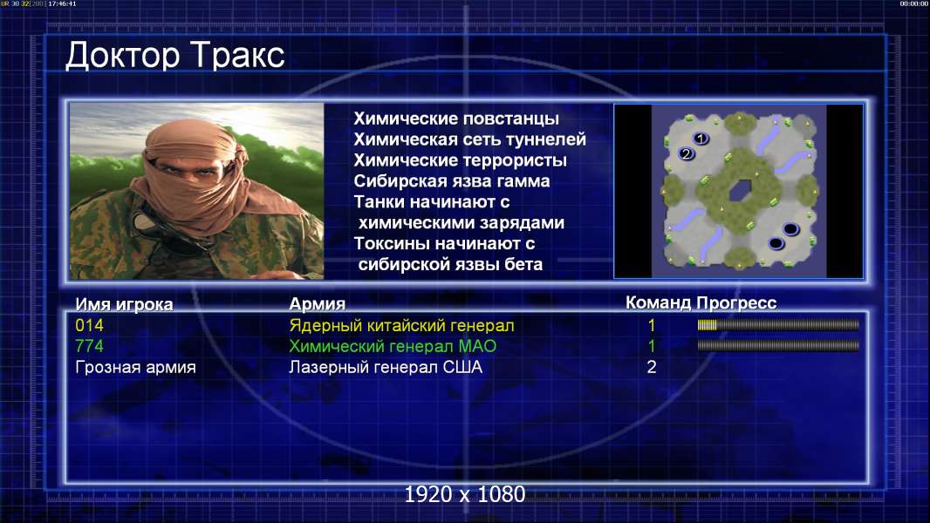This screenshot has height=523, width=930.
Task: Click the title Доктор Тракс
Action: click(x=175, y=56)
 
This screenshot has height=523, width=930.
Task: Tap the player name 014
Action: click(x=89, y=325)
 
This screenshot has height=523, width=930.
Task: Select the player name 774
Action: click(x=89, y=346)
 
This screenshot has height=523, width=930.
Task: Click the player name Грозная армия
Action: click(x=135, y=367)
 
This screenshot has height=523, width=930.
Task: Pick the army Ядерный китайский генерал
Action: click(x=401, y=326)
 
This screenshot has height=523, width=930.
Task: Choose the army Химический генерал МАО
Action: click(x=393, y=346)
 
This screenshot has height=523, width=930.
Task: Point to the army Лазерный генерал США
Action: click(x=386, y=367)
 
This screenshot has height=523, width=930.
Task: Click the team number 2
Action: click(x=651, y=367)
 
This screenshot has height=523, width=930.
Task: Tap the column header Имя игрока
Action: click(x=124, y=304)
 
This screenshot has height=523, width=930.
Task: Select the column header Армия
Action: click(x=317, y=304)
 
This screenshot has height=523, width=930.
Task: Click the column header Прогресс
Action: click(x=736, y=303)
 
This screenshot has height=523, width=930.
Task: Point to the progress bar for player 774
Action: click(x=778, y=345)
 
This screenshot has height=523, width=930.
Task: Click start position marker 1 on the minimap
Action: click(x=701, y=139)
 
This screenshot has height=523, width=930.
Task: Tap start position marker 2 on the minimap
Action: click(x=687, y=154)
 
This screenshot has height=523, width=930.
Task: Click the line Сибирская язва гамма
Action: click(x=452, y=181)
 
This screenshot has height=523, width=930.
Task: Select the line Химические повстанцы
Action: click(x=456, y=119)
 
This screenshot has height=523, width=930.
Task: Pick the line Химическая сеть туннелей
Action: click(x=469, y=139)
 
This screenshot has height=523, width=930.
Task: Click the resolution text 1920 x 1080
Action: click(x=464, y=494)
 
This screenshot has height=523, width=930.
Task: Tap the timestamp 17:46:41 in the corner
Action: click(x=62, y=3)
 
